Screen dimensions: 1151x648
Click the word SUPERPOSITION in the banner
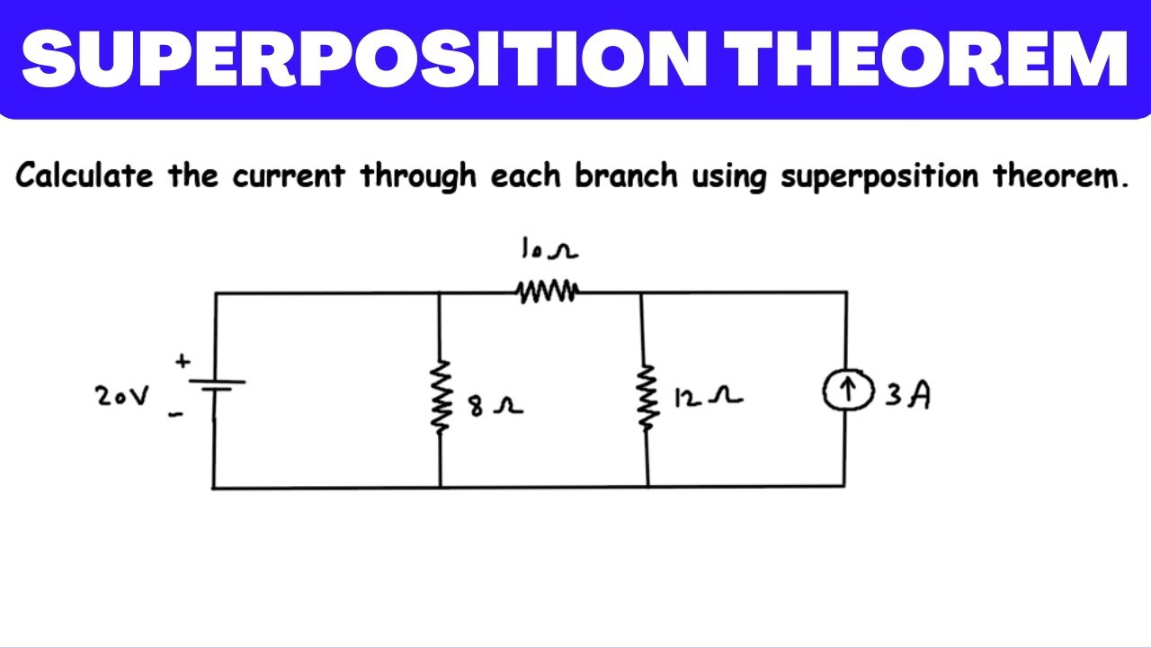pyautogui.click(x=364, y=58)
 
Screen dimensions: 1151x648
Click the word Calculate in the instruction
pyautogui.click(x=85, y=175)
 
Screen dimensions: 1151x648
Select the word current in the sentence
pyautogui.click(x=289, y=175)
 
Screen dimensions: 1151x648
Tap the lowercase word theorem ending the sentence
pyautogui.click(x=1060, y=175)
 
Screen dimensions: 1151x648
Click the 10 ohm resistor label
pyautogui.click(x=549, y=247)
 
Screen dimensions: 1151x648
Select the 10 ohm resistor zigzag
pyautogui.click(x=548, y=292)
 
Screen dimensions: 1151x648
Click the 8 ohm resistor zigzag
pyautogui.click(x=441, y=397)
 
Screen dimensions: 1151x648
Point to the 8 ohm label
pyautogui.click(x=495, y=406)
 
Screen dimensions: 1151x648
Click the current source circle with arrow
pyautogui.click(x=848, y=390)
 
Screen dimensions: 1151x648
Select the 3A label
pyautogui.click(x=907, y=395)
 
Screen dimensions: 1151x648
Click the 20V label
pyautogui.click(x=122, y=396)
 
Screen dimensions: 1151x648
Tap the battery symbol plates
pyautogui.click(x=217, y=386)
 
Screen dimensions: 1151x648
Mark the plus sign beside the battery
pyautogui.click(x=183, y=361)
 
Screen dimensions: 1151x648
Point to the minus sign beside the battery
pyautogui.click(x=175, y=414)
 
